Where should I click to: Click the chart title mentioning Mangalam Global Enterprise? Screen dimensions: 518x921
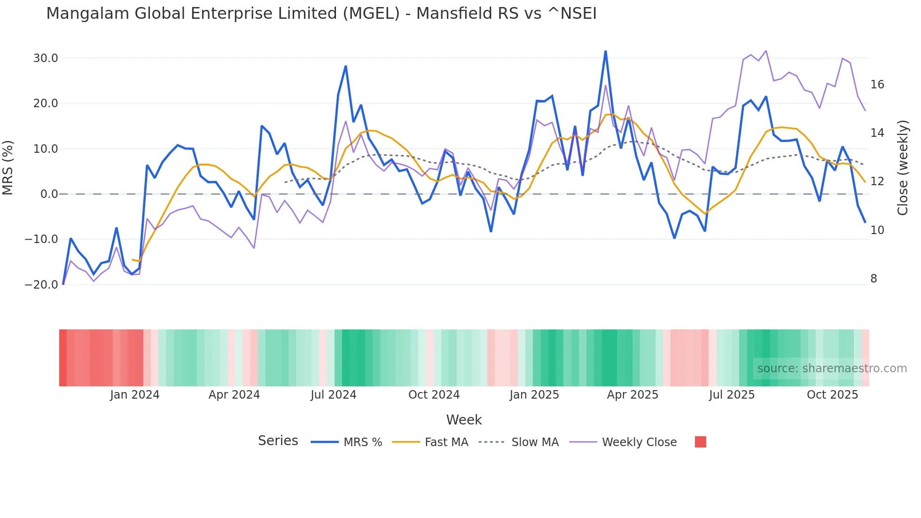(x=321, y=14)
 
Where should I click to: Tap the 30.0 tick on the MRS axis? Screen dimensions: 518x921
(x=45, y=58)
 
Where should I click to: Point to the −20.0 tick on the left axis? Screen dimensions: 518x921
(x=41, y=285)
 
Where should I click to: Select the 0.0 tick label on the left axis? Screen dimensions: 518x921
(x=49, y=194)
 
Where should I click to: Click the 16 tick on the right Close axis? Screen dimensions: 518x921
(x=877, y=85)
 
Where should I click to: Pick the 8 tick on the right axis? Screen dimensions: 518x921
(x=874, y=279)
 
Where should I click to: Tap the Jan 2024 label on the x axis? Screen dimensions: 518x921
(x=135, y=395)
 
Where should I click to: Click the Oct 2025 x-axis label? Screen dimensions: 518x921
(x=832, y=395)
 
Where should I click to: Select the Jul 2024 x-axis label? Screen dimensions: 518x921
(x=333, y=395)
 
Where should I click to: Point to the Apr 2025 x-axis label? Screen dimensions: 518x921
(x=632, y=395)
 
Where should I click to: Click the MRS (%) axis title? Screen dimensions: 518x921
(x=8, y=168)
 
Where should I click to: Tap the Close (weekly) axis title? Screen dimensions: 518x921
(x=903, y=168)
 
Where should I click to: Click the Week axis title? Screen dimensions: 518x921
(x=464, y=420)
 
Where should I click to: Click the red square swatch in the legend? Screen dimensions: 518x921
(x=700, y=442)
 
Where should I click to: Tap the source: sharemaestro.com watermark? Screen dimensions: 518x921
(x=832, y=369)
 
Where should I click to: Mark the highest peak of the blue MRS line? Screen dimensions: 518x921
(x=605, y=51)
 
